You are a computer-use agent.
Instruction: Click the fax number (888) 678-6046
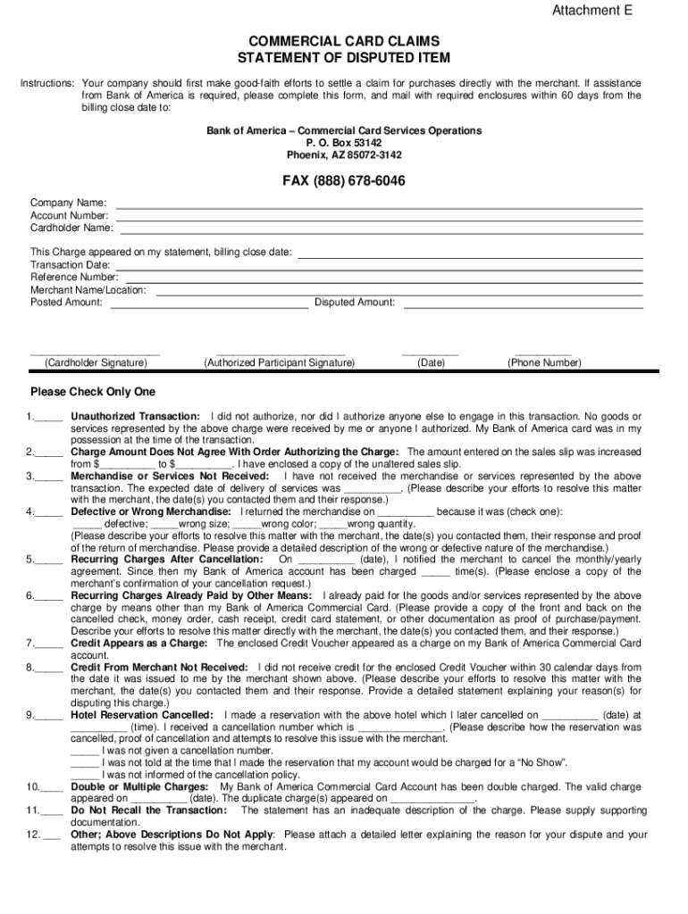344,181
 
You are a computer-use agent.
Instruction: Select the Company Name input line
380,205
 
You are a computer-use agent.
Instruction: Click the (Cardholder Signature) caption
96,363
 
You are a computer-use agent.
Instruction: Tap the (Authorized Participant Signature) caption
279,363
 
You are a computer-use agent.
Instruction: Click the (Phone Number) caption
544,363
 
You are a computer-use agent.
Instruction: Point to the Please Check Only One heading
93,392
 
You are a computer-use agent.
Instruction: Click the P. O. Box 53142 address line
344,143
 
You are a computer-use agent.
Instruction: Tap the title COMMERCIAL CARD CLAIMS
344,42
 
